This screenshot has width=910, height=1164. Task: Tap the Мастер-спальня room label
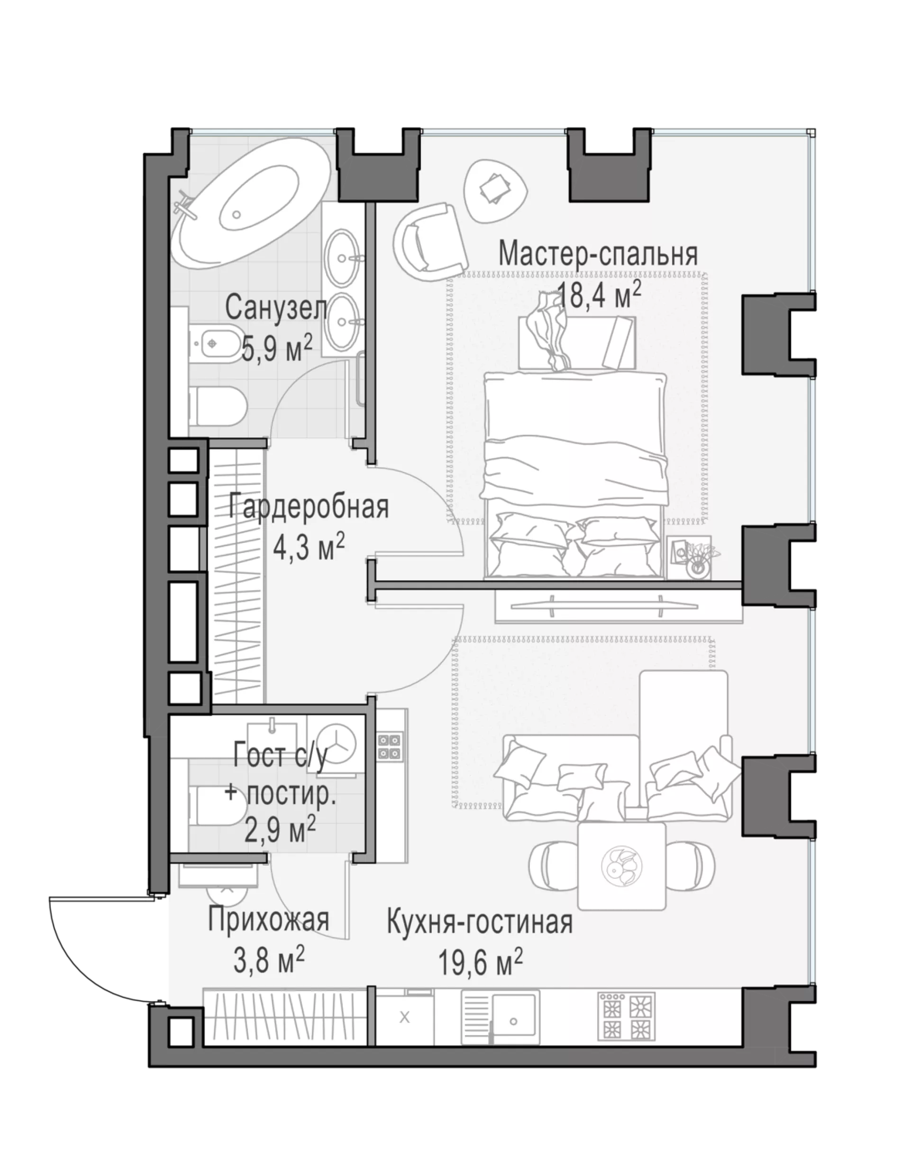(598, 254)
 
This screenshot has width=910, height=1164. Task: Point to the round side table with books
(496, 191)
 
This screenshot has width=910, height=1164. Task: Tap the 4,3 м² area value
(309, 547)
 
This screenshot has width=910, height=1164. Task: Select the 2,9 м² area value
(281, 830)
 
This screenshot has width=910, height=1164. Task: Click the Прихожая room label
(268, 920)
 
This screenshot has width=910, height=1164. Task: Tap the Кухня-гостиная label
(480, 922)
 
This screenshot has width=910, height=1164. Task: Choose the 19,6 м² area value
(480, 963)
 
